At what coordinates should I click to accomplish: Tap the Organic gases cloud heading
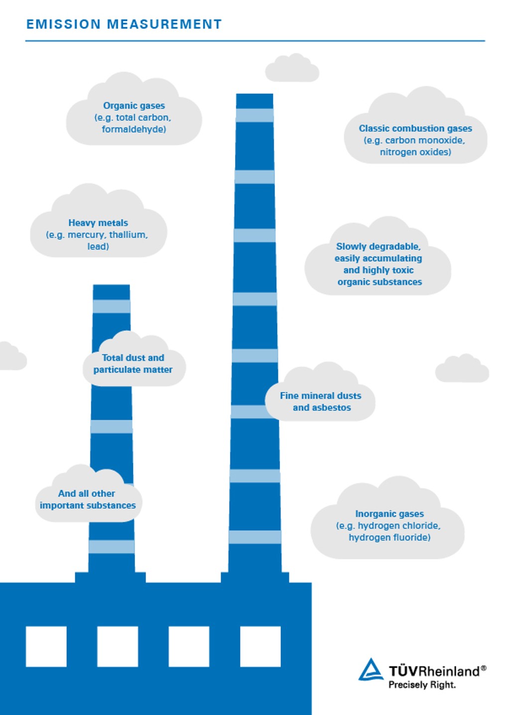[133, 106]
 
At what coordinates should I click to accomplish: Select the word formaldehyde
[133, 130]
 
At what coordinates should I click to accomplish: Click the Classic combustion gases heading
[415, 129]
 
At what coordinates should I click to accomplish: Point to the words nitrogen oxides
[415, 152]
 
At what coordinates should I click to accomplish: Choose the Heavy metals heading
[98, 223]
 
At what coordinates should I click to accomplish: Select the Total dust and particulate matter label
[133, 364]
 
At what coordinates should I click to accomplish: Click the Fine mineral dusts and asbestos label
[321, 402]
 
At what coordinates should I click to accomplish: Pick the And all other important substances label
[88, 499]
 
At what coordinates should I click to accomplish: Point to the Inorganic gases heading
[389, 514]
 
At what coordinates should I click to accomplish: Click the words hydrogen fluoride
[389, 538]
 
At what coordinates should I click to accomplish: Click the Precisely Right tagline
[422, 685]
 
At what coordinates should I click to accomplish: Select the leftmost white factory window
[46, 646]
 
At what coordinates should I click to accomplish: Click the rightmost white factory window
[260, 646]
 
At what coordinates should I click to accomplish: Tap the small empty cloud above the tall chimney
[292, 69]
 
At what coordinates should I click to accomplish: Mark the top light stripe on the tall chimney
[255, 115]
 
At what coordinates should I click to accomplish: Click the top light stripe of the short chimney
[112, 306]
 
